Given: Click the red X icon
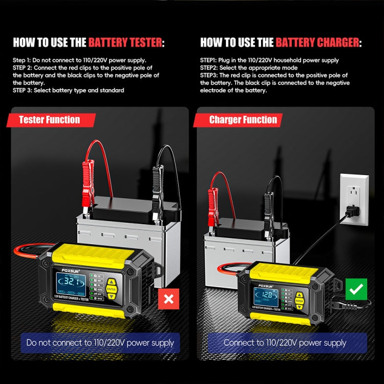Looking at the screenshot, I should click(x=167, y=298).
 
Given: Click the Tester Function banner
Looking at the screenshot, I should click(x=50, y=120).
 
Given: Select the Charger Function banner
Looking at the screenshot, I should click(x=243, y=120).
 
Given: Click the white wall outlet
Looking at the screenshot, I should click(x=354, y=199).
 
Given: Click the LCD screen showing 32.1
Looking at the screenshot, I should click(x=67, y=283).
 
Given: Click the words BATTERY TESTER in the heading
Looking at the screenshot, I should click(x=125, y=42).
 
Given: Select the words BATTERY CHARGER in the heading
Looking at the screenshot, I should click(x=317, y=42).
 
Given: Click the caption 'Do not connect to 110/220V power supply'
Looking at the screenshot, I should click(x=100, y=343).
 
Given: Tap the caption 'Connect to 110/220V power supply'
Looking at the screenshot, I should click(x=285, y=343).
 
